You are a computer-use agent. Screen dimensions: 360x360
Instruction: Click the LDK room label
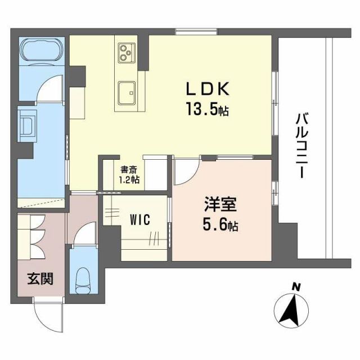207,90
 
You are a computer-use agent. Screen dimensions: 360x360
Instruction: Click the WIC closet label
138,219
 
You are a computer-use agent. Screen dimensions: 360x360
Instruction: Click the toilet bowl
84,278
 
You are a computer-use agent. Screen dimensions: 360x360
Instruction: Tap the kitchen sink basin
127,90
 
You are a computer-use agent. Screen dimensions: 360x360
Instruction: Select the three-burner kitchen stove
126,53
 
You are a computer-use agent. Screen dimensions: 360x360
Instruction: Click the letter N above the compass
295,287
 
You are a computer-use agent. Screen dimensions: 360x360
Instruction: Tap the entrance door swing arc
46,315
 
